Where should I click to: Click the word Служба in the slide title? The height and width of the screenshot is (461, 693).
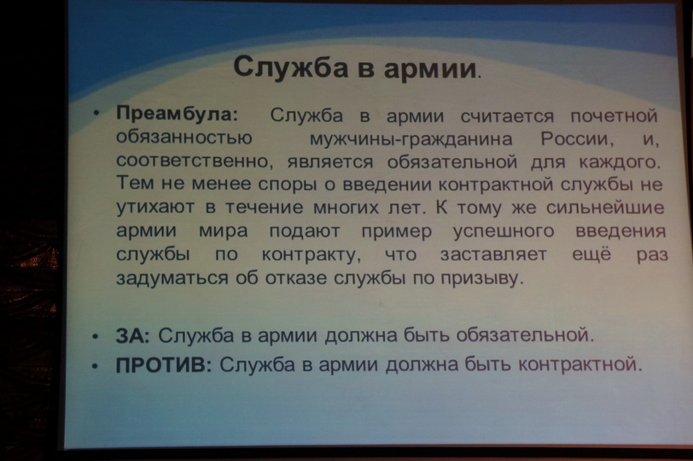point(290,67)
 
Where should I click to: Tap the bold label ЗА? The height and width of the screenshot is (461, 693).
point(132,336)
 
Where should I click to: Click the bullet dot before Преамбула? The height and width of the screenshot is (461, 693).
point(96,113)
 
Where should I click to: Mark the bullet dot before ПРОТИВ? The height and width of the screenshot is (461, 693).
point(95,366)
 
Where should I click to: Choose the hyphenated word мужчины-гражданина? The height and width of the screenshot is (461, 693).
point(411,140)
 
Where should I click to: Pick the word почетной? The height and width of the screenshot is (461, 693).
point(614,116)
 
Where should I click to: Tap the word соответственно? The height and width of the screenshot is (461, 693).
point(192,160)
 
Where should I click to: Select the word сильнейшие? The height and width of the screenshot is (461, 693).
point(605,207)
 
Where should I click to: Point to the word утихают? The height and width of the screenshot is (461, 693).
point(155,207)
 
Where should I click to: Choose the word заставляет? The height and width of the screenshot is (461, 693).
point(493,254)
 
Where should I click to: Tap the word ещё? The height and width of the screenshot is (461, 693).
point(591,254)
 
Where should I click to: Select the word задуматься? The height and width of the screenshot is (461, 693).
point(172,278)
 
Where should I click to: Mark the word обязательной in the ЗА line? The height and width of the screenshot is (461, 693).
point(525,336)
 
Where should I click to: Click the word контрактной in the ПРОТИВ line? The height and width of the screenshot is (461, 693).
point(579,365)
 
